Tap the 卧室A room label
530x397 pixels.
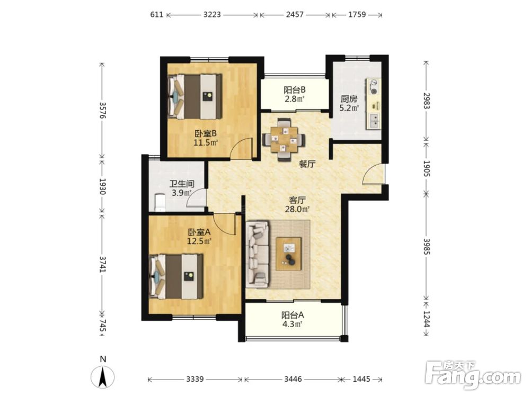199,232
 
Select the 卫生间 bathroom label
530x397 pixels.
182,184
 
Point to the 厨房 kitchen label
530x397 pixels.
349,100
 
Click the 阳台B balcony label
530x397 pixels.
294,90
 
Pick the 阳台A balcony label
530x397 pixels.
293,315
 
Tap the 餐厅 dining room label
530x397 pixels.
307,165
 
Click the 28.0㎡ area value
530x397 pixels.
297,209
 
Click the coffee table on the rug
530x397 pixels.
288,254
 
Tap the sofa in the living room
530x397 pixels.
258,254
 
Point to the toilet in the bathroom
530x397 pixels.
160,202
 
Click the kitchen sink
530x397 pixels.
374,121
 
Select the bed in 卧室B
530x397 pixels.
195,96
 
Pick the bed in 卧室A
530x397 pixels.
176,277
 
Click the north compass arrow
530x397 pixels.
103,377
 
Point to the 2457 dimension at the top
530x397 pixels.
295,14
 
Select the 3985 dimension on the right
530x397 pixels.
426,247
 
